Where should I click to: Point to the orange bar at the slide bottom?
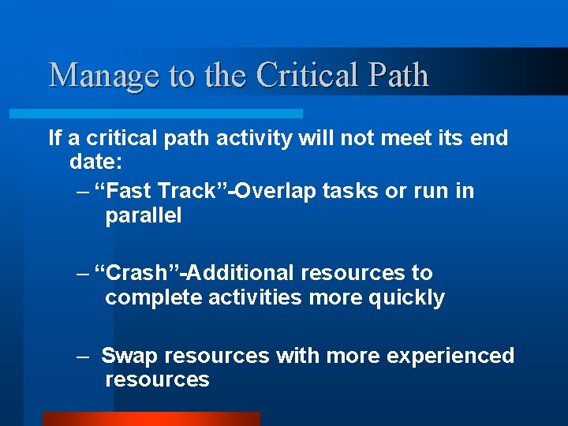(151, 419)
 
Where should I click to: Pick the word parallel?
(143, 215)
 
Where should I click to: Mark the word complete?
(150, 297)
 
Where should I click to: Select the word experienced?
(450, 356)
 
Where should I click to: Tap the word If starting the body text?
(54, 138)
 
